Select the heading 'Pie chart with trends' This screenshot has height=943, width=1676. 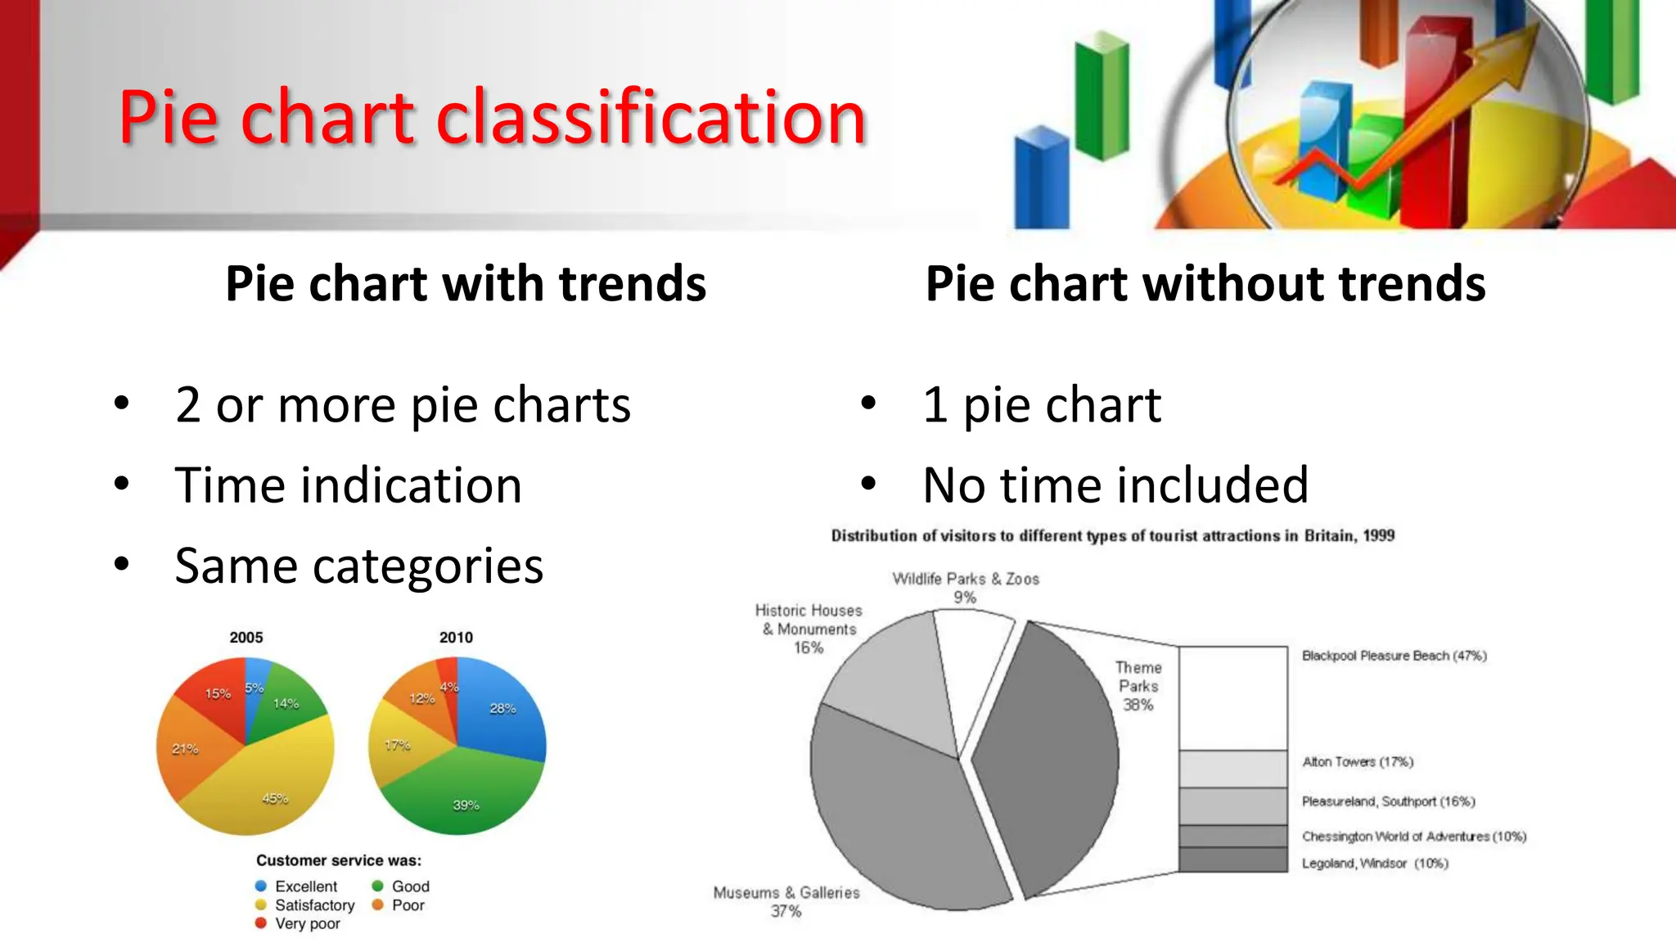465,284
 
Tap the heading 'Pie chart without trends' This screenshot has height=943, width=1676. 1205,284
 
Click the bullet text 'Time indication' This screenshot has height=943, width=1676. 348,485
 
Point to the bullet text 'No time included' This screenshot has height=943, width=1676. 1115,485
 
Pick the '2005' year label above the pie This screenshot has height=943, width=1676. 246,638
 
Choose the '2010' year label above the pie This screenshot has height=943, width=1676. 456,638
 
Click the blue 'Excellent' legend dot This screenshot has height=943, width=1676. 261,886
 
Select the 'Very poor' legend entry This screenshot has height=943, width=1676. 306,923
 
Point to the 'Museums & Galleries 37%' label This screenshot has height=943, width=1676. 786,901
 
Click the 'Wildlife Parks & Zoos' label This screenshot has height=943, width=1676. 965,580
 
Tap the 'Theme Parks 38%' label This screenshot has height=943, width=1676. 1138,686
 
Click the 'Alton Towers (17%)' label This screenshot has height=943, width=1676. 1357,762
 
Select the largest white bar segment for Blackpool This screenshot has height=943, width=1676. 1233,697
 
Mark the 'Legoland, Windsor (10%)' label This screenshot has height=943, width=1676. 1374,864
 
